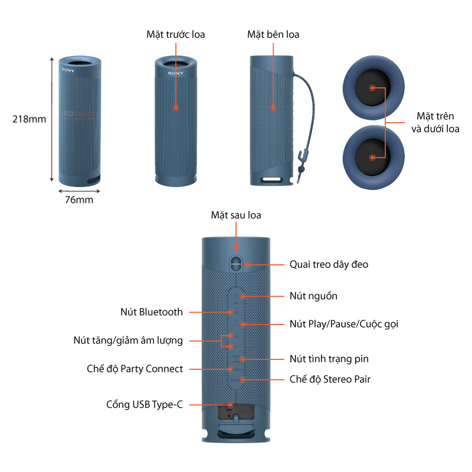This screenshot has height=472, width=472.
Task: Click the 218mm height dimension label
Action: [x=29, y=119]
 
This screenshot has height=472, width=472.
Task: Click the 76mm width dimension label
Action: [x=78, y=199]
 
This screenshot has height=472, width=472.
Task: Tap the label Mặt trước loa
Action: [x=175, y=34]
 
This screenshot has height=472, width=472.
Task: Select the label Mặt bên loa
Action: [x=273, y=34]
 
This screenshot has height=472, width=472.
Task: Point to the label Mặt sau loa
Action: [x=236, y=215]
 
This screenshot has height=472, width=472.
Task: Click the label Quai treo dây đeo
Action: [x=329, y=264]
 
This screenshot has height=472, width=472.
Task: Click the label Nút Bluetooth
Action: [x=152, y=312]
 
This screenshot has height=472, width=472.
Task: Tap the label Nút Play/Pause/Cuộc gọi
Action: [x=348, y=324]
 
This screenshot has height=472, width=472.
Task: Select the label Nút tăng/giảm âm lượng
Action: [x=128, y=340]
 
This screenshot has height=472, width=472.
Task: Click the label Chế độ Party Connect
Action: [x=135, y=369]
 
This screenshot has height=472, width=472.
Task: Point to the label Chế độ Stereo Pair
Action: [x=330, y=379]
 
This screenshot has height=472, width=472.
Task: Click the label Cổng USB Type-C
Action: [x=145, y=404]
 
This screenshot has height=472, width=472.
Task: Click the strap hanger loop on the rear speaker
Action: [x=236, y=261]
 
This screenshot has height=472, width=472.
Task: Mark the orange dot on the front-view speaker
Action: [x=175, y=108]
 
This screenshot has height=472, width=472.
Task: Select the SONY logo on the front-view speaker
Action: [x=175, y=73]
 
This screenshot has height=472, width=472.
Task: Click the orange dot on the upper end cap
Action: [x=372, y=87]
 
